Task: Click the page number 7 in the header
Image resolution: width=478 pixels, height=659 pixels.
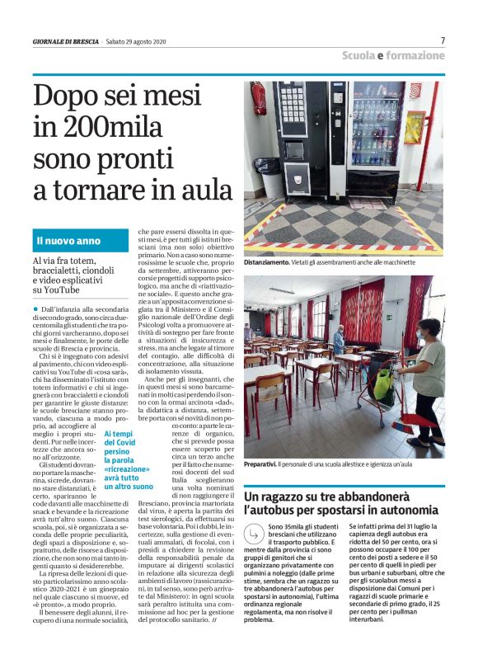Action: (443, 40)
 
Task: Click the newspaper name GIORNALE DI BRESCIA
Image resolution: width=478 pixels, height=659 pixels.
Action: (66, 41)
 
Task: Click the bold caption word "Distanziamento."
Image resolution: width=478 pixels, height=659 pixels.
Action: (266, 262)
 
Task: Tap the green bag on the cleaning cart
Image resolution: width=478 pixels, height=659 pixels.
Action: (383, 384)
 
